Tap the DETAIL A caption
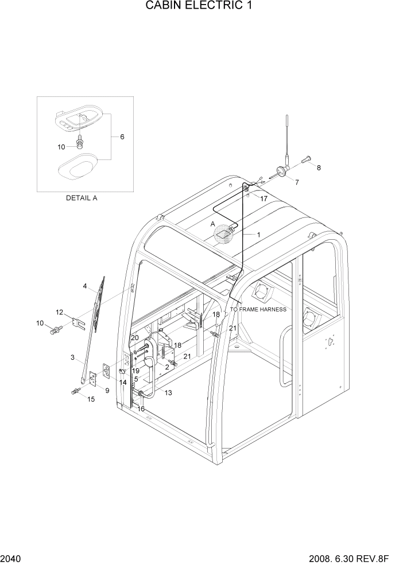click(82, 198)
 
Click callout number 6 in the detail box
click(122, 137)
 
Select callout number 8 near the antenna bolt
click(319, 167)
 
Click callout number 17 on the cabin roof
click(263, 198)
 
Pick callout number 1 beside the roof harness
click(258, 235)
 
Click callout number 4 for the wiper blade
click(84, 286)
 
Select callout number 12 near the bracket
click(59, 312)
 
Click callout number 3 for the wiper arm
click(72, 357)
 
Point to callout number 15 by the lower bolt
click(90, 399)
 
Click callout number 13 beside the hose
click(168, 392)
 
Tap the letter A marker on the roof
click(213, 224)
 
